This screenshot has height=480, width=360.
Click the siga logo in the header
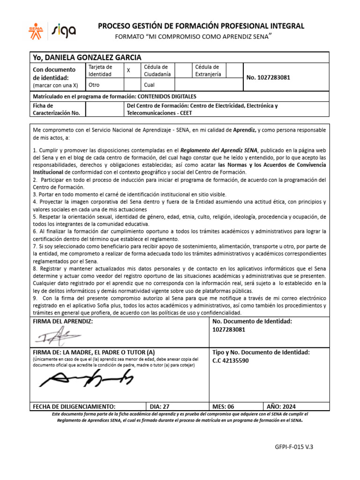click(64, 31)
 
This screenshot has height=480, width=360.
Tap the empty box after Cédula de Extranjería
click(234, 70)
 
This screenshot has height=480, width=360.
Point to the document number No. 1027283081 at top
click(268, 77)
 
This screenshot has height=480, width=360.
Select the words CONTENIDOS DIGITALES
click(163, 96)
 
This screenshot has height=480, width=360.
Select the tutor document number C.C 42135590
click(231, 360)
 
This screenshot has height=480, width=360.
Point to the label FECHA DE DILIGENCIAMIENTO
click(73, 406)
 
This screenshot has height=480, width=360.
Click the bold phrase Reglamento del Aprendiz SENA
click(219, 150)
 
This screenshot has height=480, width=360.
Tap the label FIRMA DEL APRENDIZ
click(62, 321)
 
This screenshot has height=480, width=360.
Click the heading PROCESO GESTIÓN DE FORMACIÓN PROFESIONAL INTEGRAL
click(201, 26)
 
